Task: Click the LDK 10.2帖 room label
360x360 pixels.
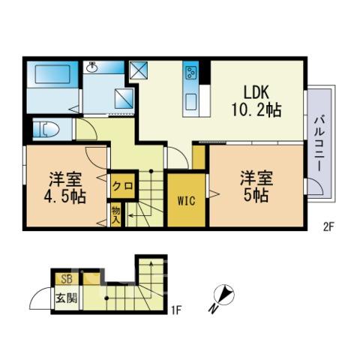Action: click(256, 101)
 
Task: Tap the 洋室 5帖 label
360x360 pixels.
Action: click(256, 187)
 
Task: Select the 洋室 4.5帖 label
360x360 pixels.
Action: click(65, 187)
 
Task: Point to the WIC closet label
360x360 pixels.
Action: click(187, 201)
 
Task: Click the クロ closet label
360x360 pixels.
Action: click(122, 186)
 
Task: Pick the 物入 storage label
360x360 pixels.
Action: click(116, 215)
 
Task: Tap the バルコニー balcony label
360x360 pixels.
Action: click(319, 144)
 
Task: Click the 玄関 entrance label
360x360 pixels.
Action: click(66, 298)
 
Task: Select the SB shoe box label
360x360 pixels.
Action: click(67, 279)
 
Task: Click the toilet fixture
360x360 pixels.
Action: click(46, 130)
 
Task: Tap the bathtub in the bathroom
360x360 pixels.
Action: click(52, 74)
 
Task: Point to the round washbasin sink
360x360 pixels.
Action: click(92, 67)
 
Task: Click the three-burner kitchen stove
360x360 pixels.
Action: click(190, 73)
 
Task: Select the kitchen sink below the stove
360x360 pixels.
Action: click(190, 102)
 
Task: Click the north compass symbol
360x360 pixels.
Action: click(223, 298)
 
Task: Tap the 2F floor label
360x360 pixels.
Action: click(328, 227)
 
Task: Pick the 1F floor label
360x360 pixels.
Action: click(175, 310)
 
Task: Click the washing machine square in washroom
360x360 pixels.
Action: click(124, 99)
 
